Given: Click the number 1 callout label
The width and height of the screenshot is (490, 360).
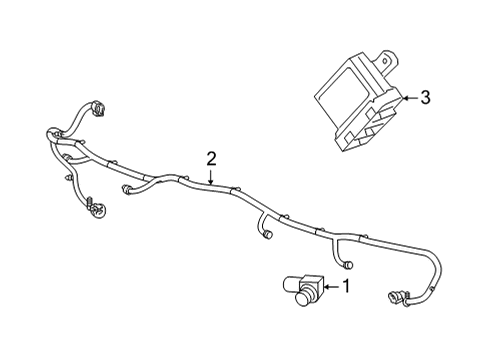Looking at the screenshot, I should pos(345,288).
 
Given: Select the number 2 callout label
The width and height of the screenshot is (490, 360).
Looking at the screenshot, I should pos(212,157).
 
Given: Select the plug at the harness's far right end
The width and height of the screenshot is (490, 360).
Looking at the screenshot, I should pos(391,296).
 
